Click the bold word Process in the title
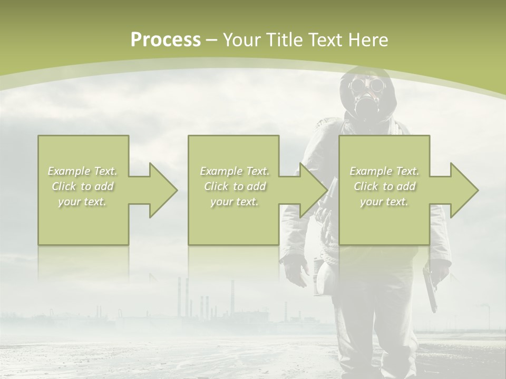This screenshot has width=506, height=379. coord(166,40)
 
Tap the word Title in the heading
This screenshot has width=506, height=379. coord(286,40)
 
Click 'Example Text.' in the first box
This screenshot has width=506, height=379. coord(83,171)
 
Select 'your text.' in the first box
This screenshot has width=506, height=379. coord(83,202)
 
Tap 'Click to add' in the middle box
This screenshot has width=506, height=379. coord(235,186)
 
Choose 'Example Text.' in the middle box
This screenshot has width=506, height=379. coord(235,171)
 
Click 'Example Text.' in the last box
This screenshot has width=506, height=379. coord(384,171)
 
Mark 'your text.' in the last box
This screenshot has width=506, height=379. coord(384,202)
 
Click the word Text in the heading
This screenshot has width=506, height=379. coord(326,40)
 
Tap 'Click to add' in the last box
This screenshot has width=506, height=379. coord(384,186)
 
